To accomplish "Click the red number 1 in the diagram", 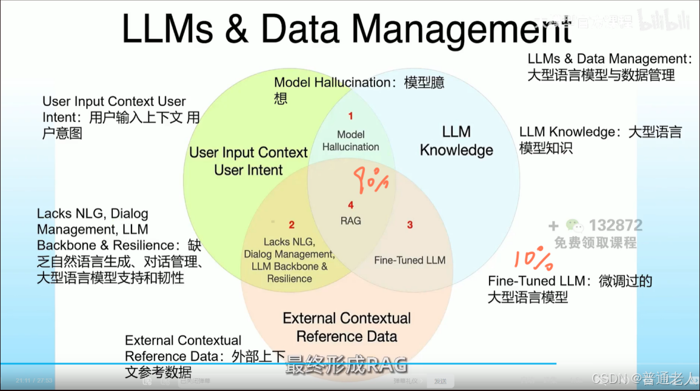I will click(x=350, y=115).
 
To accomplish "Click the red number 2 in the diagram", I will click(x=292, y=225).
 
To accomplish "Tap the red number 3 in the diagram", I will click(x=410, y=225).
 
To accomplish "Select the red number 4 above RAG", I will click(x=350, y=206).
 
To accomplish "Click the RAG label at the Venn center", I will click(x=350, y=221).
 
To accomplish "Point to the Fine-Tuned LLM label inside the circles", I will click(x=410, y=260).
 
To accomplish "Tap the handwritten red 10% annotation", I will click(x=534, y=259).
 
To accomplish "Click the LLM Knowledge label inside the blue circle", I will click(x=456, y=141).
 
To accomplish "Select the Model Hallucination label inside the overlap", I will click(x=350, y=141).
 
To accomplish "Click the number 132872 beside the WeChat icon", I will click(x=615, y=226).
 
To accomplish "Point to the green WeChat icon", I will click(x=575, y=226).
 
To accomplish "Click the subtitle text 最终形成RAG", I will click(x=347, y=365).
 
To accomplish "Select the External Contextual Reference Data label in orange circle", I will click(x=347, y=327).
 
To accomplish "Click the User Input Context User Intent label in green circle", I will click(x=248, y=161).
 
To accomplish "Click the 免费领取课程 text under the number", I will click(x=595, y=242).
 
